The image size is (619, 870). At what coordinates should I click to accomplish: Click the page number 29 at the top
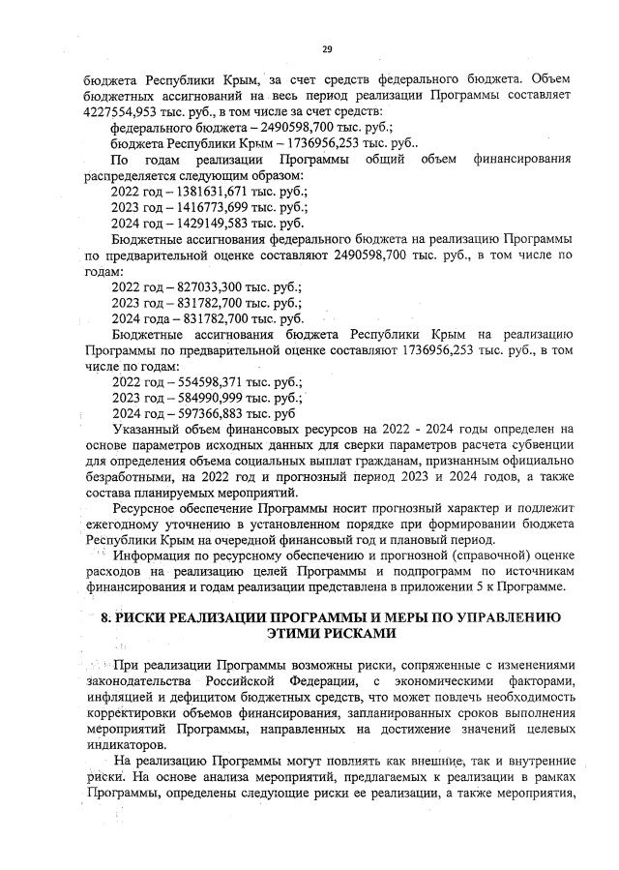click(x=327, y=48)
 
